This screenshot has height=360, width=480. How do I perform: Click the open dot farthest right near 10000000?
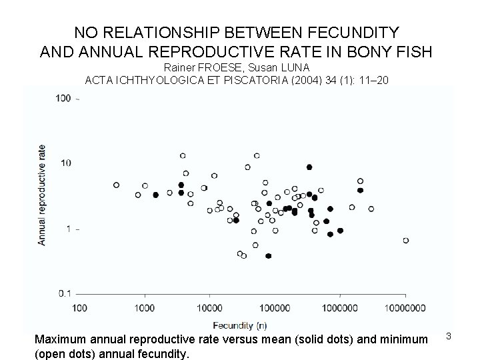(x=405, y=240)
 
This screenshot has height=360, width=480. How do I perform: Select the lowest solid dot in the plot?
(x=268, y=255)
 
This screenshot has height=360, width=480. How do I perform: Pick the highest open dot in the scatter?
(x=183, y=156)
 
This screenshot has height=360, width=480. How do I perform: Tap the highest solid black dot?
(x=309, y=167)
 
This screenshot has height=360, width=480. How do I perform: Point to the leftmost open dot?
(x=116, y=185)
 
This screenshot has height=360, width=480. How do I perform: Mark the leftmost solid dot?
(x=155, y=195)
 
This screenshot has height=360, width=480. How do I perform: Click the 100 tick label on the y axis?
(x=64, y=99)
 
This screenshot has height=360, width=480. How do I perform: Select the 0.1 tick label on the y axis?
(x=64, y=293)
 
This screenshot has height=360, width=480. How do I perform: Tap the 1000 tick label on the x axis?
(x=145, y=307)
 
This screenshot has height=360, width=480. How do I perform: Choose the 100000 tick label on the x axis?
(x=275, y=307)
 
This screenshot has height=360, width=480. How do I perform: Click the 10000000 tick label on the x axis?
(x=405, y=307)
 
